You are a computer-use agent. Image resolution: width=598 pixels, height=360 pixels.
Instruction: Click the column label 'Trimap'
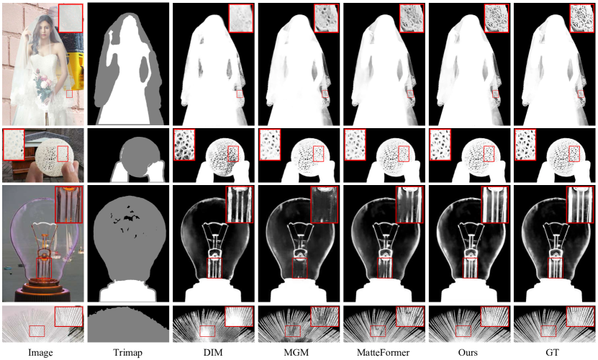click(128, 352)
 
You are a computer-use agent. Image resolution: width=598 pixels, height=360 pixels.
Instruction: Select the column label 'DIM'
click(213, 352)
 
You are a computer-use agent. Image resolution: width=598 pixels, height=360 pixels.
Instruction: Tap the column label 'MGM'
click(296, 352)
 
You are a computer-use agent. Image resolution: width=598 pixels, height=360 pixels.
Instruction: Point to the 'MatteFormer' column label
click(384, 352)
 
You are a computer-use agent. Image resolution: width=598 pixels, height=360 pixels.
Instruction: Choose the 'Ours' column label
click(468, 352)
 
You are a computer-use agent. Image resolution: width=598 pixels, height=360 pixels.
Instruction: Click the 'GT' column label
click(553, 352)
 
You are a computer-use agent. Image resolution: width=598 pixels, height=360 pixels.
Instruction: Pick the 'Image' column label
click(40, 352)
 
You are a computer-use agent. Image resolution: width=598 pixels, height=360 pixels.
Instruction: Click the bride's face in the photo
click(39, 30)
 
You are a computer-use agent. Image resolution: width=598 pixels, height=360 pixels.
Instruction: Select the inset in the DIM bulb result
click(239, 204)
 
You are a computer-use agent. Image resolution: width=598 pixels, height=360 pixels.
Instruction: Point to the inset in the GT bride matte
click(582, 18)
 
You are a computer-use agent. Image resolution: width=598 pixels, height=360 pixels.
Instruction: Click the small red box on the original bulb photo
click(44, 268)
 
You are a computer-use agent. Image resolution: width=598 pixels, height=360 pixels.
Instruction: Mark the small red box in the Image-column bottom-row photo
click(37, 331)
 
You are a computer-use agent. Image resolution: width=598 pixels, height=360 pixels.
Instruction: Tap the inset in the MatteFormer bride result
click(412, 18)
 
